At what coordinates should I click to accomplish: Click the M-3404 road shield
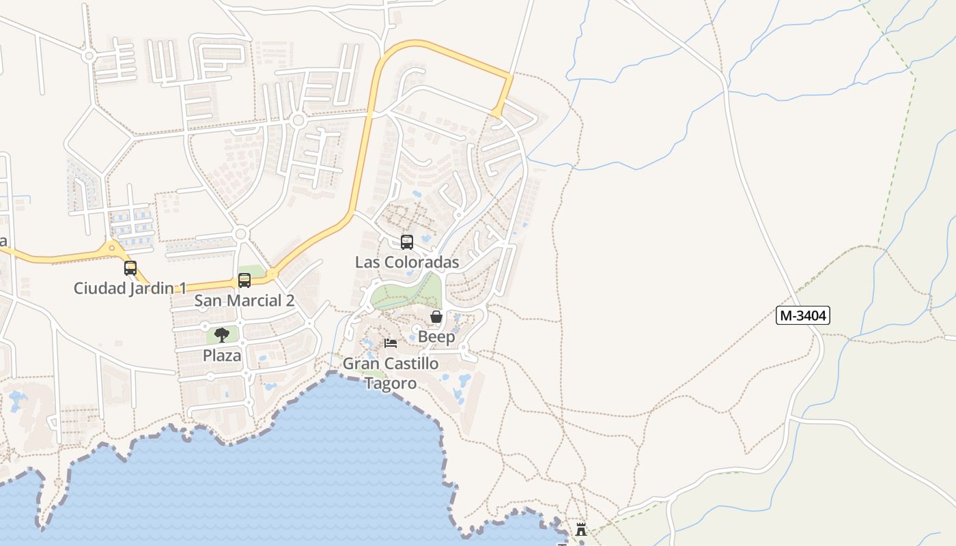click(803, 315)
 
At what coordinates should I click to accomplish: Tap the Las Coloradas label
click(407, 262)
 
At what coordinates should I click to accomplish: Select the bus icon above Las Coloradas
click(407, 242)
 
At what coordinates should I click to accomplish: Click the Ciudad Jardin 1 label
click(130, 288)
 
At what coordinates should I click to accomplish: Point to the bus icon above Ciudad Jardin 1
click(130, 268)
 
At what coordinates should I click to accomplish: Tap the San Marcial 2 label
click(244, 300)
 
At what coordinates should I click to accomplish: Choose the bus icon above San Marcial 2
click(244, 280)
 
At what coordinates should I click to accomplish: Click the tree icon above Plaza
click(222, 334)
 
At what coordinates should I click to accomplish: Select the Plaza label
click(222, 356)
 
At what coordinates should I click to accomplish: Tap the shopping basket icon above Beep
click(436, 317)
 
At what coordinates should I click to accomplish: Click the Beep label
click(436, 337)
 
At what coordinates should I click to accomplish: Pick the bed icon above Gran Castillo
click(391, 343)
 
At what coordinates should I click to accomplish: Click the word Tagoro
click(391, 384)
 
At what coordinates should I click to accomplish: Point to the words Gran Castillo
click(391, 364)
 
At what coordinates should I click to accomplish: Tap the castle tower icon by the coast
click(581, 529)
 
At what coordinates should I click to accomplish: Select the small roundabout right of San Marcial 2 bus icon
click(272, 274)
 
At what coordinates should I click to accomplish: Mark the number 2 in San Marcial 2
click(290, 300)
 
